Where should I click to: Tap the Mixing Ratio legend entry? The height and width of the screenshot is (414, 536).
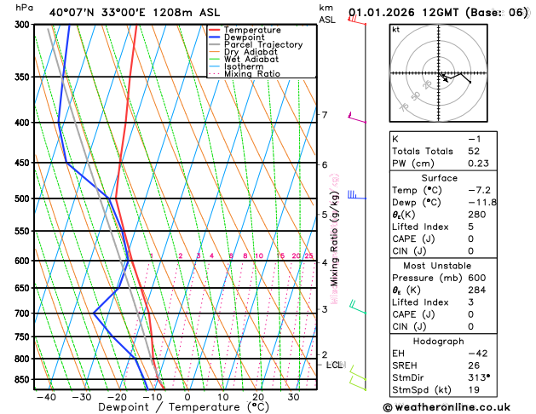click(x=252, y=74)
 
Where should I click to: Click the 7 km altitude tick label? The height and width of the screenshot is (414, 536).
click(x=324, y=115)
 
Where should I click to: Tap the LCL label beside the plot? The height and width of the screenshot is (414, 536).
click(x=335, y=365)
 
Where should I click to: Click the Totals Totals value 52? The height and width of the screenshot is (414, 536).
click(x=475, y=150)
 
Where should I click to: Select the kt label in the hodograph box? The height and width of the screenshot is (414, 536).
click(x=396, y=29)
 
